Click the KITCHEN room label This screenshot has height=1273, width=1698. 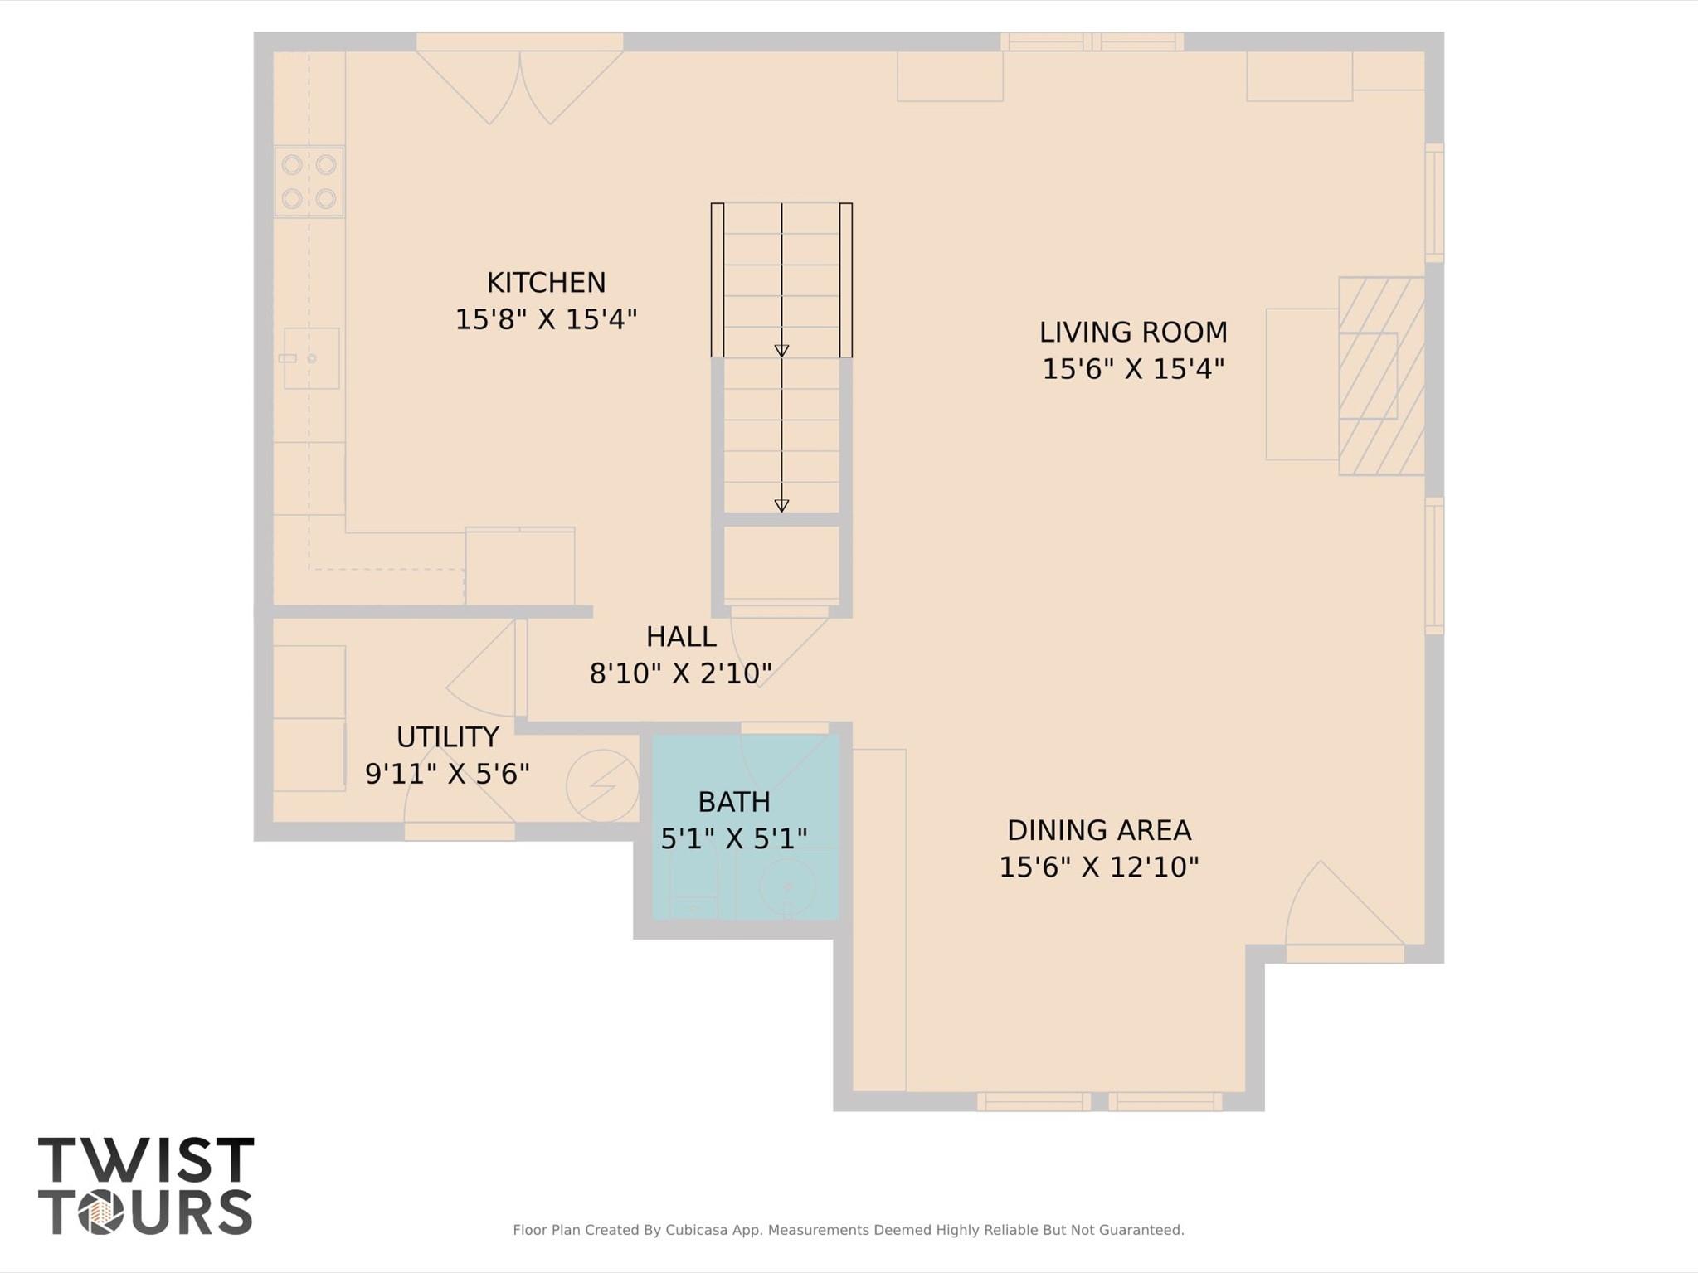tap(546, 283)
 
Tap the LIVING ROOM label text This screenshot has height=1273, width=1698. tap(1132, 333)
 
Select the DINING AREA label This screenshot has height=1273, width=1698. tap(1098, 830)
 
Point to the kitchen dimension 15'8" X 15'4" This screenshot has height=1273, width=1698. tap(546, 319)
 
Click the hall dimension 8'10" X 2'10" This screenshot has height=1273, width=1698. tap(680, 673)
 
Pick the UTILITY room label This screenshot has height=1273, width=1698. tap(447, 737)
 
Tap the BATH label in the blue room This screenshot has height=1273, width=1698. tap(733, 802)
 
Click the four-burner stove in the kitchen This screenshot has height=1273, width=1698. tap(309, 182)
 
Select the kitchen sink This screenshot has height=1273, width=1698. tap(311, 358)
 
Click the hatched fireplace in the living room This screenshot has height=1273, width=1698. tap(1380, 376)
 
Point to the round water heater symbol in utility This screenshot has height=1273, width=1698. tap(602, 785)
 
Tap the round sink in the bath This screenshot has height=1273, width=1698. tap(788, 886)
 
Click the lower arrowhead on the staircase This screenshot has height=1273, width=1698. tap(781, 506)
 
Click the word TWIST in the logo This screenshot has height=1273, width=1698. tap(146, 1159)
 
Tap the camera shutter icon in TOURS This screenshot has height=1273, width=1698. tap(100, 1212)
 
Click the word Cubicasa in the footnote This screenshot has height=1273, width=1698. tap(698, 1230)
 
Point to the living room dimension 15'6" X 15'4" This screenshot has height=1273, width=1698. tap(1132, 369)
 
